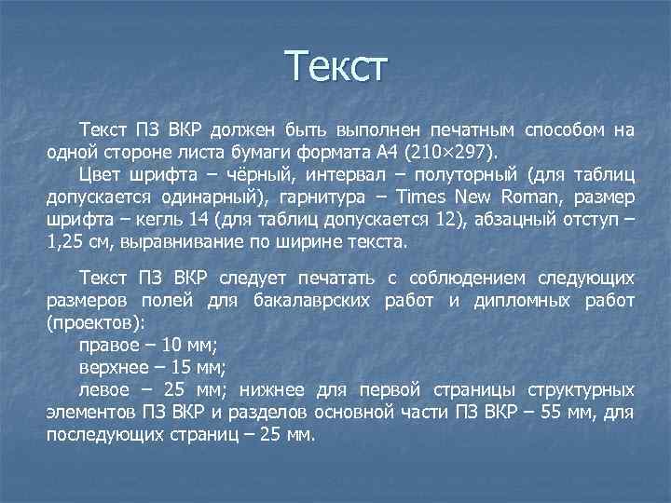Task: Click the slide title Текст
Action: [x=335, y=68]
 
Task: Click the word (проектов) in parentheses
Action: [x=95, y=323]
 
